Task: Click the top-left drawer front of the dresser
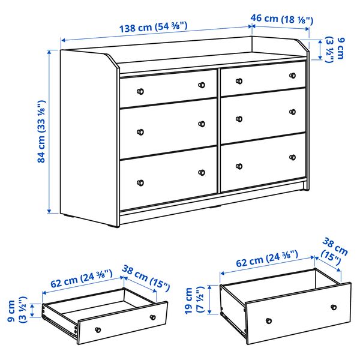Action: click(168, 89)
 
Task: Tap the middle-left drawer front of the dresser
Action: click(169, 127)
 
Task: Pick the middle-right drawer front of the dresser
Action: click(263, 112)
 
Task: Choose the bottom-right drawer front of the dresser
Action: click(263, 159)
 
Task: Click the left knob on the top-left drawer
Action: click(140, 91)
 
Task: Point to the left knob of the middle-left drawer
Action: click(140, 133)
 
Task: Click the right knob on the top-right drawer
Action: click(293, 76)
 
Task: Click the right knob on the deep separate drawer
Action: click(333, 307)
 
